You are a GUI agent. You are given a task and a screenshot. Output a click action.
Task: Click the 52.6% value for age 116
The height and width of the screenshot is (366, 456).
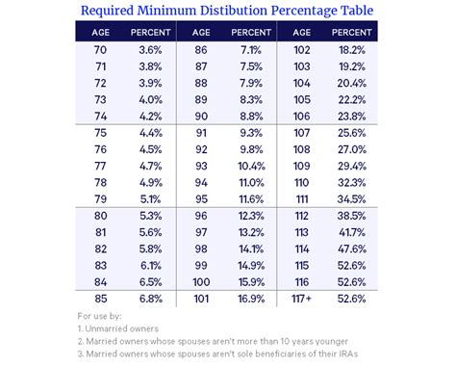tap(353, 281)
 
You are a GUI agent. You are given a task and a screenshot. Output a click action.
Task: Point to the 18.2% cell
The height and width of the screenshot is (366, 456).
tap(353, 48)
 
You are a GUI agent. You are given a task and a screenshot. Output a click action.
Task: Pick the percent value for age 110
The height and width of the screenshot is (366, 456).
tap(353, 181)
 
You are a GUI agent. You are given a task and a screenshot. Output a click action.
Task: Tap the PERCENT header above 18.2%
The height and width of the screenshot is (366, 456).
tap(353, 31)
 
